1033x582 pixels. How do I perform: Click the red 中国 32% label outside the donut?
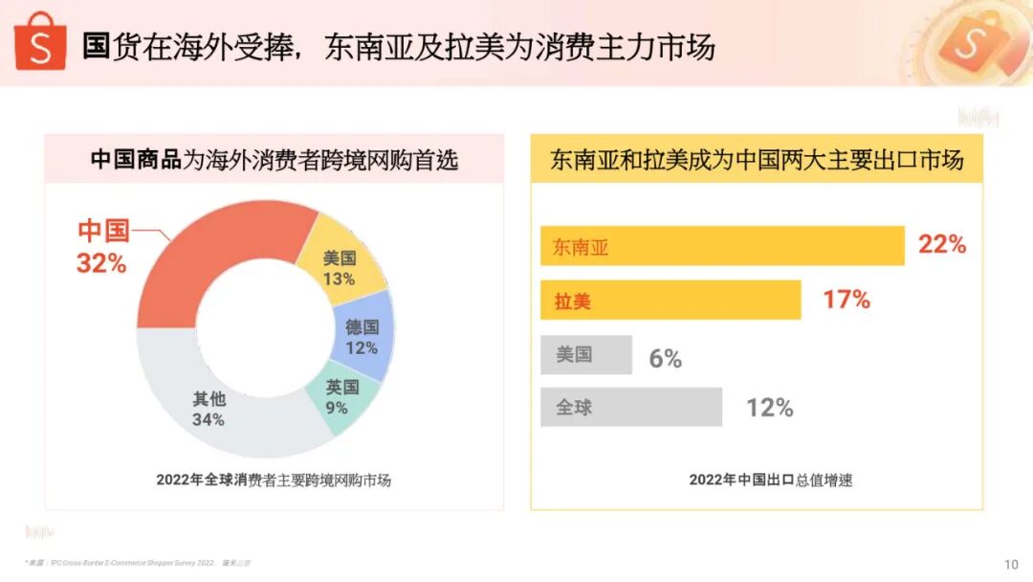pos(102,247)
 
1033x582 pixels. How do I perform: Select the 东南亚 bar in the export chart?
pos(722,246)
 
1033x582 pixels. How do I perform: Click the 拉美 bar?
pos(670,301)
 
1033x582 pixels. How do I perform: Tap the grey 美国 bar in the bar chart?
pos(585,354)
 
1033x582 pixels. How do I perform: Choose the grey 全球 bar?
pos(630,407)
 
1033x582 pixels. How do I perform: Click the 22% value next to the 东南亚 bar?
pos(942,245)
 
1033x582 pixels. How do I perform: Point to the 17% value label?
pos(846,300)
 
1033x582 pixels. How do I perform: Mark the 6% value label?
pos(665,359)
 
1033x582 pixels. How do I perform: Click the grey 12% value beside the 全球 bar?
pos(770,408)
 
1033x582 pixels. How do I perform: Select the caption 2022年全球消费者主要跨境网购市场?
pos(274,480)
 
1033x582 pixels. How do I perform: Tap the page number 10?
pos(1011,564)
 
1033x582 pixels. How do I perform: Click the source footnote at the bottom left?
pos(138,563)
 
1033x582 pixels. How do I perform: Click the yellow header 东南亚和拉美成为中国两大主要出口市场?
pos(757,160)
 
